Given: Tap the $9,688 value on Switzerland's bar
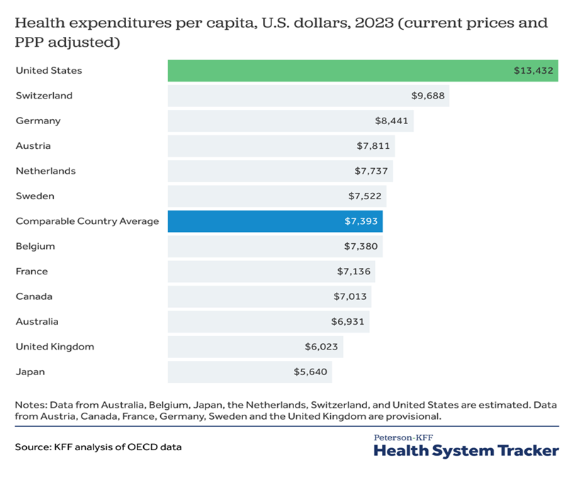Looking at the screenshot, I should [428, 96].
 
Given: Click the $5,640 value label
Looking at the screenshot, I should [310, 372].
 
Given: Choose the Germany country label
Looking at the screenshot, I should [38, 121].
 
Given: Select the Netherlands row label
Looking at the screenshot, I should [45, 171].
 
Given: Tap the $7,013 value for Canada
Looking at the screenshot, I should [350, 296].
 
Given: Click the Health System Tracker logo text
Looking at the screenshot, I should [466, 450].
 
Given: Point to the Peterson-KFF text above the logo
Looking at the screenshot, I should [403, 437].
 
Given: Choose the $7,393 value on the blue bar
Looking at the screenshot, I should [361, 221].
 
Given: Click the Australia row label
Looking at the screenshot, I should [37, 321].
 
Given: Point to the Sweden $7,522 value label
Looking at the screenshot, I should [366, 196].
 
